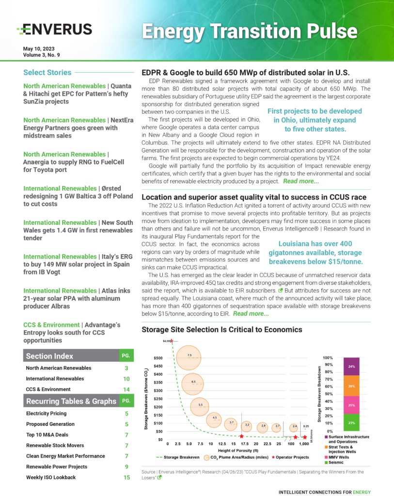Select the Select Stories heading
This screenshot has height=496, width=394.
click(x=47, y=73)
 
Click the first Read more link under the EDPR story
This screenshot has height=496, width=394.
click(x=301, y=181)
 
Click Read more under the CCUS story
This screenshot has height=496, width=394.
click(x=251, y=313)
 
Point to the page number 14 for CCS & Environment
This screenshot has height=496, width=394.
click(x=126, y=389)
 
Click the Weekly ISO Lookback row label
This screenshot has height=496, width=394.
click(x=51, y=478)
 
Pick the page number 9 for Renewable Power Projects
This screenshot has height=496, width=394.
click(x=126, y=467)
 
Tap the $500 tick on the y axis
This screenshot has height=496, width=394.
click(x=159, y=358)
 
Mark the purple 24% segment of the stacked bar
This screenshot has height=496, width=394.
click(x=351, y=366)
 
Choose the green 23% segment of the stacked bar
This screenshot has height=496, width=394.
click(x=351, y=423)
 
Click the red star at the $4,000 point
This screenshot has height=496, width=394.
click(x=172, y=341)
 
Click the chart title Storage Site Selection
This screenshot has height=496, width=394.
click(x=221, y=330)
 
